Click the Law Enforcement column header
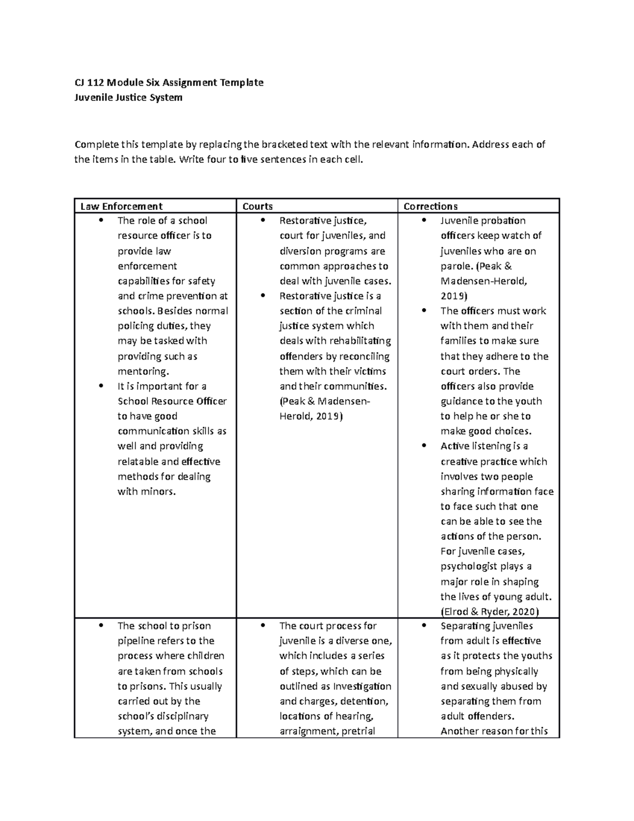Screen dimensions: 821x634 click(121, 206)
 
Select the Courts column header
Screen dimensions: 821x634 click(257, 206)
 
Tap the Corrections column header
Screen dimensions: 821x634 click(430, 206)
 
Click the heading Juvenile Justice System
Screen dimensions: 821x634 click(128, 97)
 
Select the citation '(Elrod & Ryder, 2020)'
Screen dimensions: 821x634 click(489, 612)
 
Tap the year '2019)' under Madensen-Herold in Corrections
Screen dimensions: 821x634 click(454, 296)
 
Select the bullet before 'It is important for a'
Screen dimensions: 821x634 click(100, 386)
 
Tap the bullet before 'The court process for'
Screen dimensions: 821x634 click(262, 626)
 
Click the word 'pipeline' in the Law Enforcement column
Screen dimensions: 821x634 click(136, 641)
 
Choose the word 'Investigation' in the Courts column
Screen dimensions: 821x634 click(362, 686)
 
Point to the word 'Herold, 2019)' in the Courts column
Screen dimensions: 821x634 click(311, 416)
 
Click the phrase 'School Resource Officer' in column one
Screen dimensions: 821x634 click(172, 401)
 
